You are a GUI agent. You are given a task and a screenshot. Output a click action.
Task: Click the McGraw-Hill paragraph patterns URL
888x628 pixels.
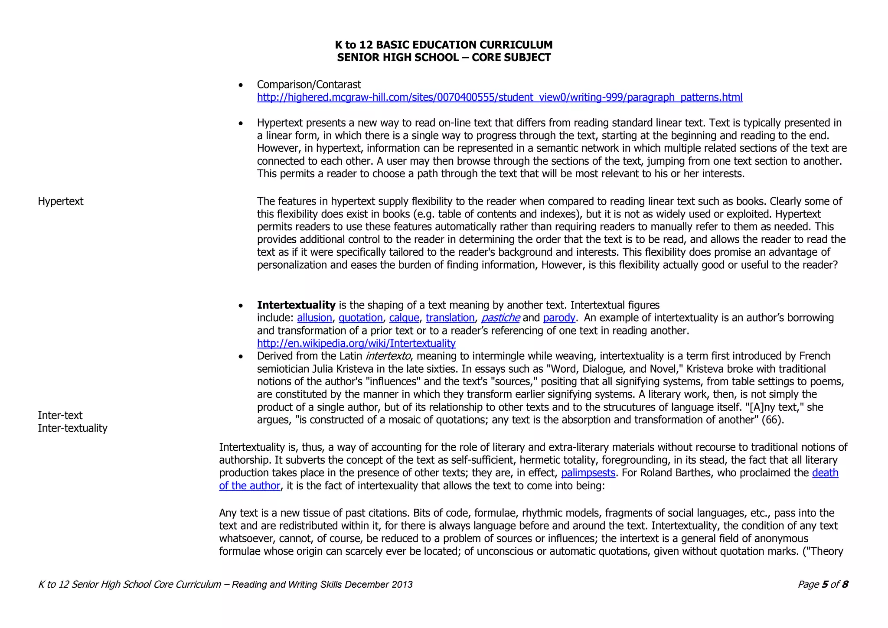click(x=499, y=97)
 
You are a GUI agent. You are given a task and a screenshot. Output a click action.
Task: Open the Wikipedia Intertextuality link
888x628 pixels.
click(x=356, y=343)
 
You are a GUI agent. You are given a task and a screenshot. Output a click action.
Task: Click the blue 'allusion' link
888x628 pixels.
click(x=314, y=318)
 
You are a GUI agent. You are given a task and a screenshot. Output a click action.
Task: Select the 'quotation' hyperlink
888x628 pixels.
click(x=360, y=318)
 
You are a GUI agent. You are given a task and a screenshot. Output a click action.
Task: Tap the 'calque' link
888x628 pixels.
click(x=404, y=318)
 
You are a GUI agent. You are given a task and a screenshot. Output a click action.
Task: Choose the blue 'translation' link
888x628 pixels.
click(x=450, y=318)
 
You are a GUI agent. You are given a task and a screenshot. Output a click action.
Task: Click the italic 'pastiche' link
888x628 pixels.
click(x=500, y=318)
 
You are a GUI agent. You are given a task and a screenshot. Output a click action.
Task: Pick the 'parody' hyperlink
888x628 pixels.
click(x=559, y=318)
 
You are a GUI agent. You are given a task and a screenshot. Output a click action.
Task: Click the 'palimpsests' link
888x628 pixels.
click(x=588, y=472)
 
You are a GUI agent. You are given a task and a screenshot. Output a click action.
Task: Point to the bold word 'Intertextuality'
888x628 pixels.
click(x=296, y=305)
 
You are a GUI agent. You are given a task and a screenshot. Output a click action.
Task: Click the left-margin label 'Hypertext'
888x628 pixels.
click(x=61, y=201)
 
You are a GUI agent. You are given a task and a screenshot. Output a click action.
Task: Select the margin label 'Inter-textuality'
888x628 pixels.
click(x=72, y=428)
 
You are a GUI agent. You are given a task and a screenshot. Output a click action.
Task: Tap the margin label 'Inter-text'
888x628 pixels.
click(x=60, y=415)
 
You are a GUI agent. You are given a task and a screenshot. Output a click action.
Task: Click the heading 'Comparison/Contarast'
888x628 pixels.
click(x=309, y=85)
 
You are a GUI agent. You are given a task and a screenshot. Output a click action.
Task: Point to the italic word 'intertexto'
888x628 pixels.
click(x=388, y=356)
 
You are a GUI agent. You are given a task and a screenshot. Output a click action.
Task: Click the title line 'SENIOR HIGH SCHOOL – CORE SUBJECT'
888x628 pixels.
click(x=444, y=58)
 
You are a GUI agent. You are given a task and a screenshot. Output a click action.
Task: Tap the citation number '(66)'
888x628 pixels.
click(x=772, y=420)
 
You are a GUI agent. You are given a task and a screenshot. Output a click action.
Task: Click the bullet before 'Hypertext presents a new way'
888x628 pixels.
click(x=241, y=124)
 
